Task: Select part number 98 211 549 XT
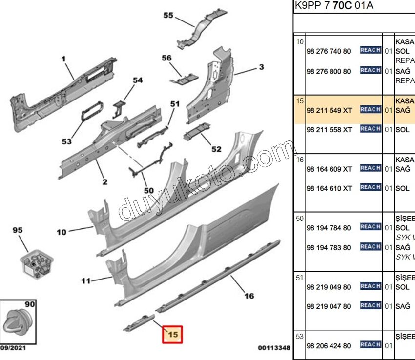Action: coord(329,110)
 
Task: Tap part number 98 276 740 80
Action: coord(328,51)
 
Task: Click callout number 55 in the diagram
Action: coord(168,16)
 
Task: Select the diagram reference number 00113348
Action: coord(274,348)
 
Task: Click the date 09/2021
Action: coord(13,348)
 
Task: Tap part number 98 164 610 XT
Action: coord(329,188)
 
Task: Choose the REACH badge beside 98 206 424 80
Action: coord(371,345)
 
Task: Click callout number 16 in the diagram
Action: coord(249,296)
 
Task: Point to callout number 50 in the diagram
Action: coord(148,190)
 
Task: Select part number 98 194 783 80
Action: coord(328,247)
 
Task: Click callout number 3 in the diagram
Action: coord(261,67)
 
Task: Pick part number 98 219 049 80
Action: coord(328,287)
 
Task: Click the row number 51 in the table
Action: coord(300,278)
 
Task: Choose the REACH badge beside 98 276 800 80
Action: coord(371,70)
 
